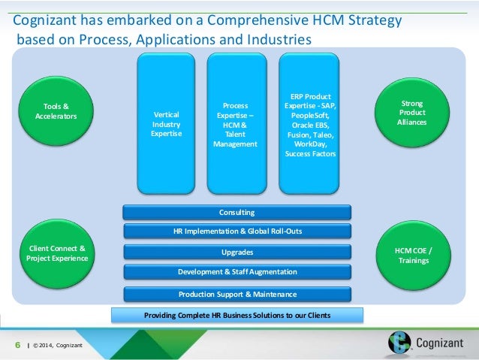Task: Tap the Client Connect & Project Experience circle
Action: pyautogui.click(x=57, y=253)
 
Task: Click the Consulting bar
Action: pyautogui.click(x=236, y=213)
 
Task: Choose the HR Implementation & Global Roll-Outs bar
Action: pyautogui.click(x=236, y=232)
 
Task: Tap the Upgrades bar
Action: pyautogui.click(x=236, y=252)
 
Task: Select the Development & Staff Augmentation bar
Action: pyautogui.click(x=236, y=271)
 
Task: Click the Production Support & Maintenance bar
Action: pyautogui.click(x=236, y=294)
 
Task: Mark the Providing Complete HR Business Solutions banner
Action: pyautogui.click(x=236, y=314)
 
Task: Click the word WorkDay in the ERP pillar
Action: pyautogui.click(x=310, y=144)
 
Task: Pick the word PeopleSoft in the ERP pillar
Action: pyautogui.click(x=310, y=115)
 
